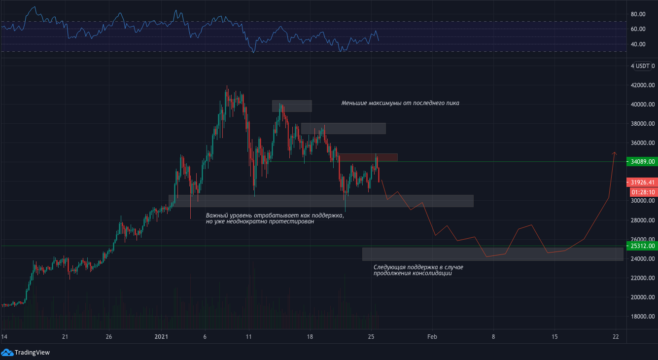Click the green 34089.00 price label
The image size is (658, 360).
coord(642,161)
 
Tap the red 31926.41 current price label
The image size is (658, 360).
coord(642,182)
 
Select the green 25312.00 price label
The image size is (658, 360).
coord(642,246)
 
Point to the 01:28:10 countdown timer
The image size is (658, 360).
coord(642,192)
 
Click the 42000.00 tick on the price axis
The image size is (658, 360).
coord(642,85)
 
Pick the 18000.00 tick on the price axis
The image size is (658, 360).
coord(642,317)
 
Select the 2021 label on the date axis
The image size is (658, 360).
coord(162,337)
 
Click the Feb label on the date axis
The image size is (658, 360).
coord(432,337)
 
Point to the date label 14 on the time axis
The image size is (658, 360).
coord(4,337)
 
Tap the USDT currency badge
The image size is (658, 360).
coord(643,66)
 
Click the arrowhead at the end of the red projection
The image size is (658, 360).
coord(614,153)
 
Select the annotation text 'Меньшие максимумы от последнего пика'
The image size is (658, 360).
coord(400,103)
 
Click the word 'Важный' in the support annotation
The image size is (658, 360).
coord(217,216)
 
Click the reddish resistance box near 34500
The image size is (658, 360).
coord(368,157)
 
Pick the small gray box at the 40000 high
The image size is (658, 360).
coord(292,106)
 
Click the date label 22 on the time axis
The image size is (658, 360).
coord(616,337)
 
